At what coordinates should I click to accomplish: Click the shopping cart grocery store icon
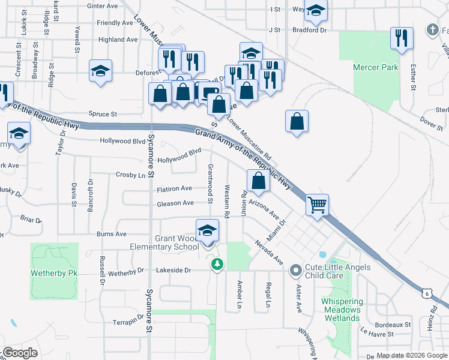pos(316,205)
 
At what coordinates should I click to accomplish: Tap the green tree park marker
pos(217,264)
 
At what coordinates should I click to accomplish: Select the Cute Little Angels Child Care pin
pos(295,271)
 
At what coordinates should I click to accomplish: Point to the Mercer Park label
pos(376,68)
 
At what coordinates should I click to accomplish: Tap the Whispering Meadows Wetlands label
pos(342,310)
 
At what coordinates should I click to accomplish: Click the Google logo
pos(20,353)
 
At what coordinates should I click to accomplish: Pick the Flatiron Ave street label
pos(174,188)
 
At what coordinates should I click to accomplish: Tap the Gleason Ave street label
pos(175,203)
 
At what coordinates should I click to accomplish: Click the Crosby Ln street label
pos(130,175)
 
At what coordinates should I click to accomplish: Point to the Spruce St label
pos(103,113)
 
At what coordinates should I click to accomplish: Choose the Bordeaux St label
pos(394,325)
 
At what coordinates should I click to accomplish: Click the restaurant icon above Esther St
pos(400,38)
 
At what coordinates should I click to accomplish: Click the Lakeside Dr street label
pos(173,271)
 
